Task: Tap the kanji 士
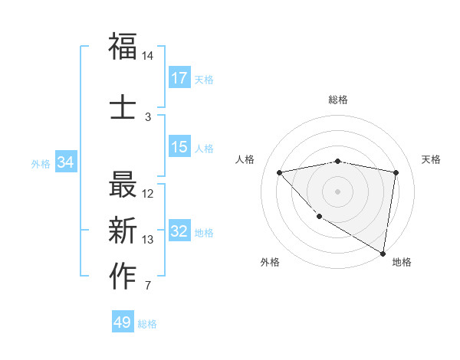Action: click(x=123, y=107)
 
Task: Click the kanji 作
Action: click(x=123, y=277)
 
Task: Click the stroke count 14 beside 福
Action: click(x=148, y=56)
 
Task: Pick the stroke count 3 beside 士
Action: click(x=148, y=117)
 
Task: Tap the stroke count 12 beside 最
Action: click(x=148, y=194)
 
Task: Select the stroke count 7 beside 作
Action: click(x=148, y=286)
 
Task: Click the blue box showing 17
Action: click(x=179, y=77)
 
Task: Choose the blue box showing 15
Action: click(x=179, y=147)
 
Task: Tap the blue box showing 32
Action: click(x=179, y=231)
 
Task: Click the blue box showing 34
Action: click(x=65, y=162)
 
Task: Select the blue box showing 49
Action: click(x=123, y=322)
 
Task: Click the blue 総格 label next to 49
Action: click(x=147, y=324)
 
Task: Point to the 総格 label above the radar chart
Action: click(x=337, y=100)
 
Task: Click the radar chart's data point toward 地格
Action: click(x=383, y=253)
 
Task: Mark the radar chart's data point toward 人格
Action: click(x=280, y=172)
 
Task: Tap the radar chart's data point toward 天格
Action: click(x=396, y=172)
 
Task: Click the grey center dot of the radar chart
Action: click(x=337, y=191)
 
